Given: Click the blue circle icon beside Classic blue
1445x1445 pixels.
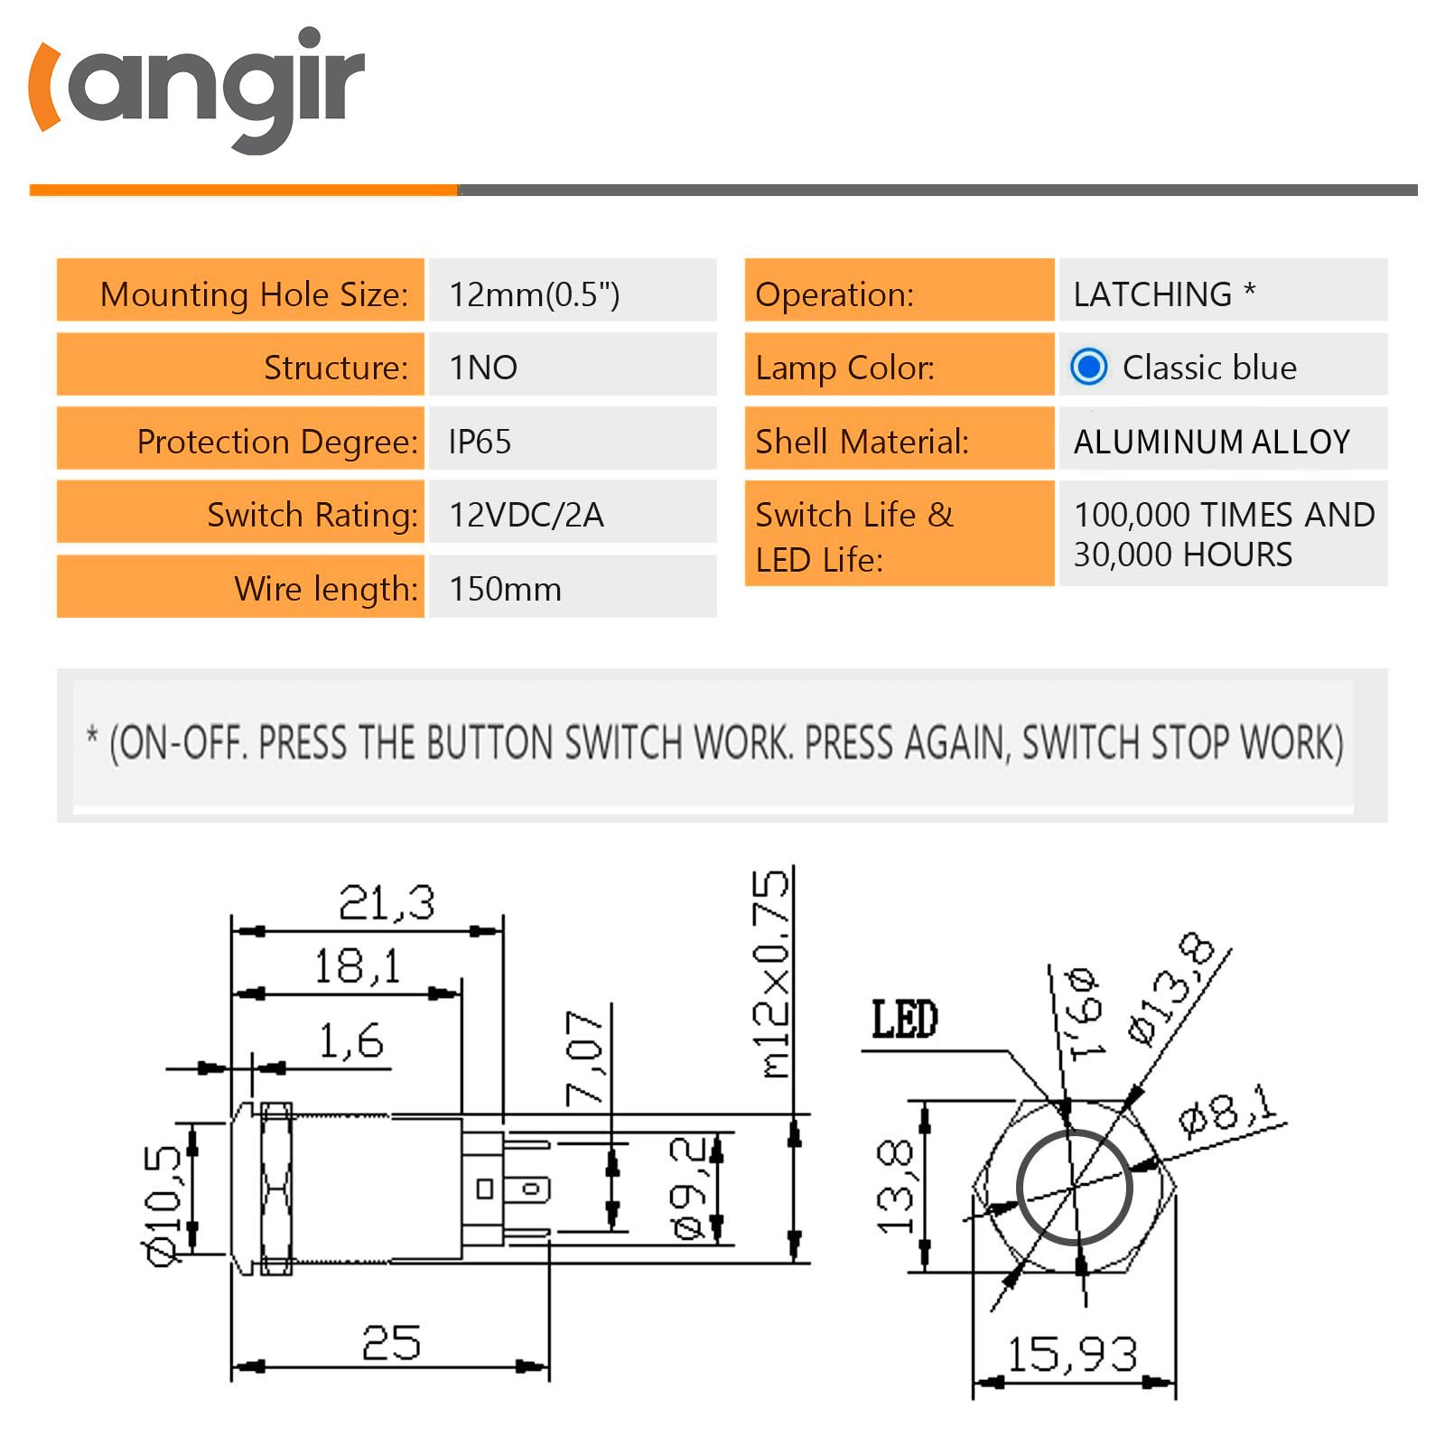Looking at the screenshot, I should click(1088, 367).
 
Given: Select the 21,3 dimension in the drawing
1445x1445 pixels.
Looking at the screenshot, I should click(387, 903).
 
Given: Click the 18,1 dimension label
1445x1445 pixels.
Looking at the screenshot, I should click(358, 967).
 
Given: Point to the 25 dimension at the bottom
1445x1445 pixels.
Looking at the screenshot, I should click(391, 1343).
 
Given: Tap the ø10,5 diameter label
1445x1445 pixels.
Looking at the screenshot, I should click(163, 1206).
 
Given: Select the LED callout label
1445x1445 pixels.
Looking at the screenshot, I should click(904, 1020).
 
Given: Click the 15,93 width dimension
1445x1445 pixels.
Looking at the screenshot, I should click(1072, 1354).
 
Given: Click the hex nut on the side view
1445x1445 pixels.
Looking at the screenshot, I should click(276, 1188).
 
